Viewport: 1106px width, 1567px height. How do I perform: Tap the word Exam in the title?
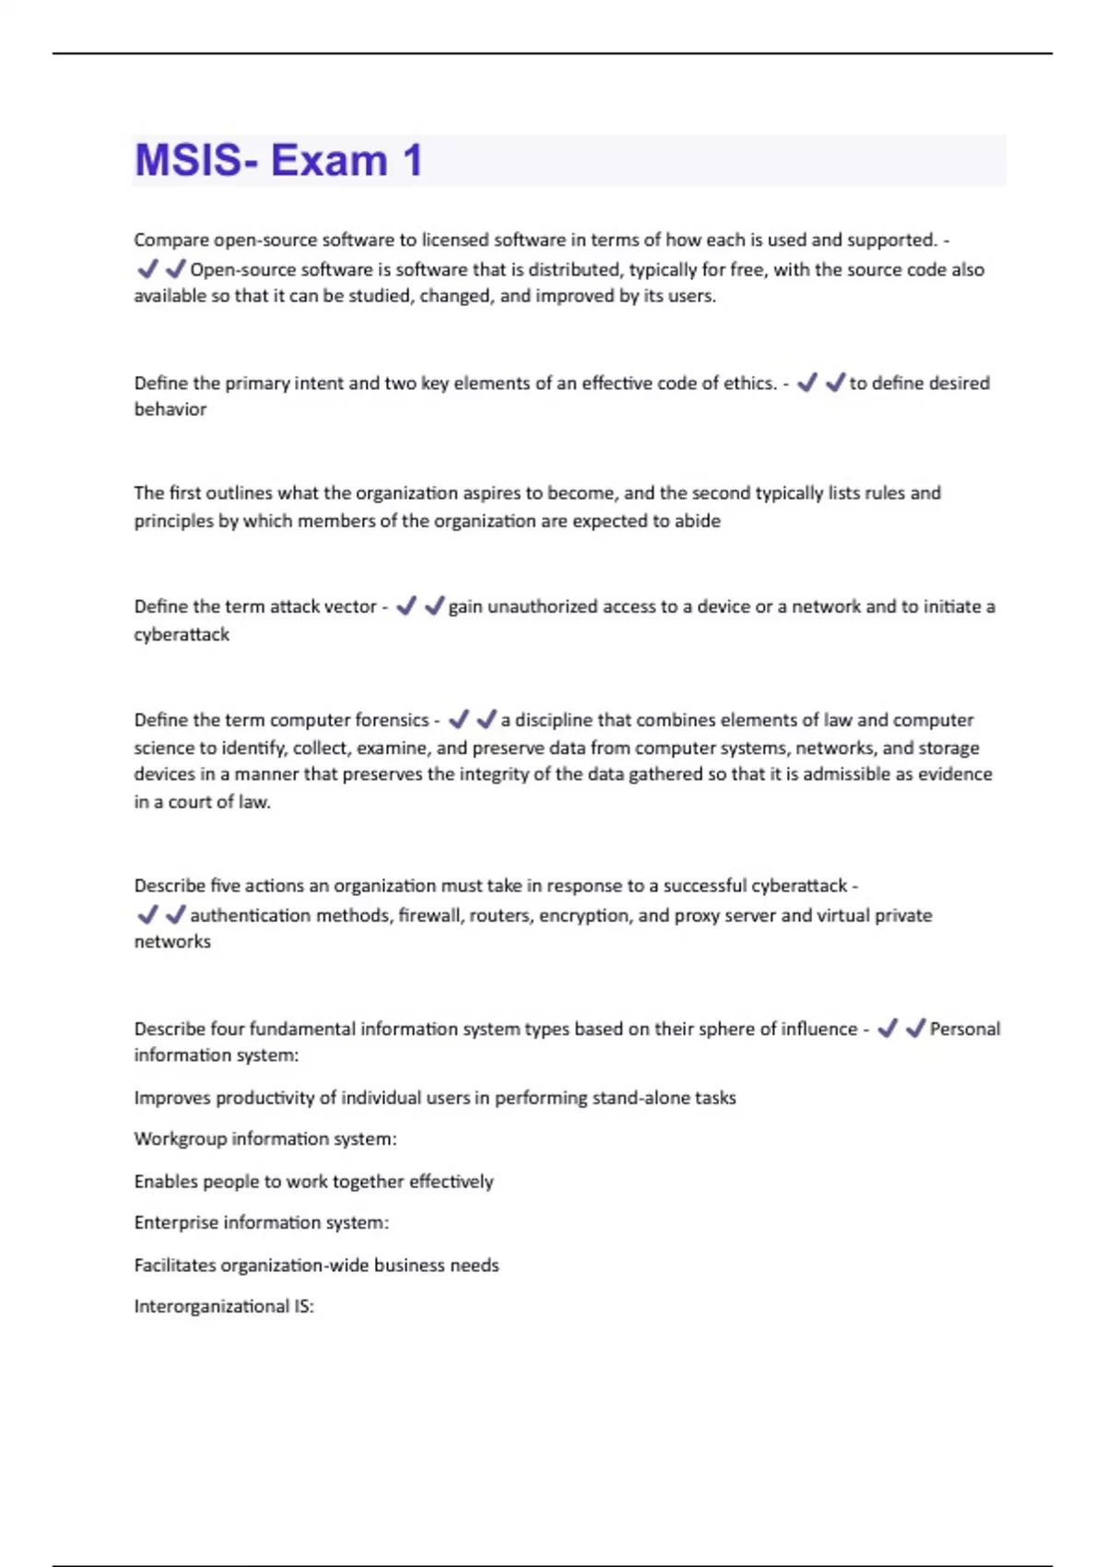click(x=329, y=160)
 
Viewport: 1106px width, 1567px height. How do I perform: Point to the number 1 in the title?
click(x=412, y=160)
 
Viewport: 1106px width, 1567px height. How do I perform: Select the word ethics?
click(x=748, y=383)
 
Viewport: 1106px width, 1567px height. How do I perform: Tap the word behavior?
click(x=171, y=409)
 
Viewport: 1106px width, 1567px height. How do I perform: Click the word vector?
click(x=349, y=607)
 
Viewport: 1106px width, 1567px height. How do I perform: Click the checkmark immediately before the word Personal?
click(x=915, y=1029)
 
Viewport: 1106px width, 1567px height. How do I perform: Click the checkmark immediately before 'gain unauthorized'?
click(x=433, y=607)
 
